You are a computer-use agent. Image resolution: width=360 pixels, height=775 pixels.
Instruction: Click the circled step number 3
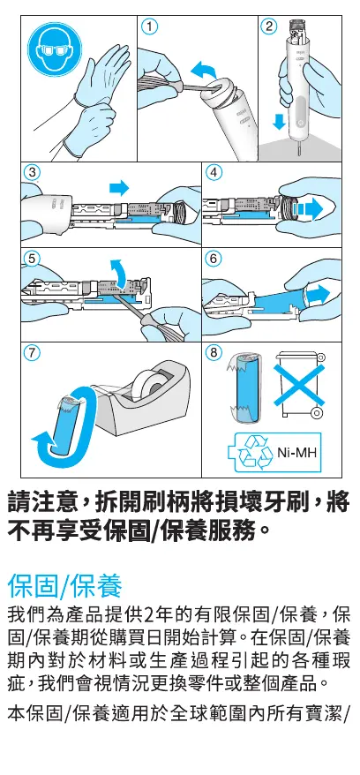point(33,172)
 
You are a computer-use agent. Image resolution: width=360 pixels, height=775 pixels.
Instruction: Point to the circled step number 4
point(214,172)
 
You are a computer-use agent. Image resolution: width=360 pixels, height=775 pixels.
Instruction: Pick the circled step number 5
point(33,259)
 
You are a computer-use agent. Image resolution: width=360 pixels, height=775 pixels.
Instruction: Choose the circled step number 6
point(214,259)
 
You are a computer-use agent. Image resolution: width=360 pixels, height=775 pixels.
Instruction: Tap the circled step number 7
point(33,353)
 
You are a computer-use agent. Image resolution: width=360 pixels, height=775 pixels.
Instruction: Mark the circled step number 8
point(214,353)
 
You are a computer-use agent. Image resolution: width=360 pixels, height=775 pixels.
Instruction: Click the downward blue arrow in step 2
point(280,121)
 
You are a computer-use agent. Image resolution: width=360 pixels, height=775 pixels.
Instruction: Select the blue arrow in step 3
point(118,187)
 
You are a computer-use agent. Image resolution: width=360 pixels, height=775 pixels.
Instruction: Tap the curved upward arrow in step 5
point(118,273)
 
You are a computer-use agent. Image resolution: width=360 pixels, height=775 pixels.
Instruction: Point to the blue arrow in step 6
point(317,295)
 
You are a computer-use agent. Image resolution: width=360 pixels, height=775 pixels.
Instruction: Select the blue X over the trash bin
point(299,386)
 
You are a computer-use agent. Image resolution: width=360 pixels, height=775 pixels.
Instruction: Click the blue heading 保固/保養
point(64,587)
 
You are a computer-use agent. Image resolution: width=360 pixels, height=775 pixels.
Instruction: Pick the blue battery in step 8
point(247,388)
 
